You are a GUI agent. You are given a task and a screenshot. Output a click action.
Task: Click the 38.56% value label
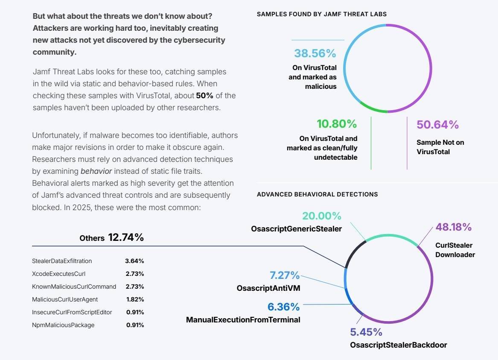click(x=315, y=53)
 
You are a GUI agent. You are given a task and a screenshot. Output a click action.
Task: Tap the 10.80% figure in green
click(x=336, y=124)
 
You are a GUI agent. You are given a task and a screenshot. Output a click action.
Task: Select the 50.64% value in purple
click(x=437, y=125)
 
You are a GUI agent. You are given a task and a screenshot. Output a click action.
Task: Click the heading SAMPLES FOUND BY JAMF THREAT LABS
click(x=321, y=14)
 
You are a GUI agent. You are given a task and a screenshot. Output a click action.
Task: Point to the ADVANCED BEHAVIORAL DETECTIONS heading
click(x=317, y=194)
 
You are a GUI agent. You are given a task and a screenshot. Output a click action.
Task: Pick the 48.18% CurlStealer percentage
click(x=453, y=227)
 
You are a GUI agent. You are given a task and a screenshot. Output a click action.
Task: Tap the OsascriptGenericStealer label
click(x=296, y=229)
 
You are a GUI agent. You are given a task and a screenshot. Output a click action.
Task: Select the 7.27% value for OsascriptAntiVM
click(x=284, y=275)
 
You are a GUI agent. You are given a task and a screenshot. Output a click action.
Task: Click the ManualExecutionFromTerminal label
click(x=243, y=319)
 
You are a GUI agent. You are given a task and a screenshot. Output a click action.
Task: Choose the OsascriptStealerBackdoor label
click(x=398, y=345)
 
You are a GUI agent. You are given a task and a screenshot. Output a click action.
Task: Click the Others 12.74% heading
click(x=111, y=238)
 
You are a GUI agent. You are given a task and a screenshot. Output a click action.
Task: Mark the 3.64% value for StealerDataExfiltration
click(x=134, y=261)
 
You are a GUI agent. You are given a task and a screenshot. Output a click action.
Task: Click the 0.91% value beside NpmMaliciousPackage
click(x=135, y=325)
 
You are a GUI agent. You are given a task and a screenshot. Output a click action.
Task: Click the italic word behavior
click(x=96, y=171)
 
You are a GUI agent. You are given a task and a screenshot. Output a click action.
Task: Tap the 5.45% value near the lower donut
click(x=366, y=332)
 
